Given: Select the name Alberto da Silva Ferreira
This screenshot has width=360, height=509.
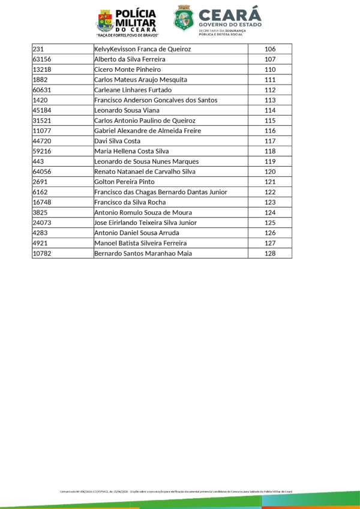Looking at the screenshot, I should (x=130, y=59).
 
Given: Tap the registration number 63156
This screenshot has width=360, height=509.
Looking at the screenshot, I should (x=41, y=59).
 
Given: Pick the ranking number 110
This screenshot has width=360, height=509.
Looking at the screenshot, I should (x=269, y=70).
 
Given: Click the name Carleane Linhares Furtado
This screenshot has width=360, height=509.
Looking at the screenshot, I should (x=133, y=90).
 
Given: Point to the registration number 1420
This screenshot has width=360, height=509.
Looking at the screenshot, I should (x=40, y=100).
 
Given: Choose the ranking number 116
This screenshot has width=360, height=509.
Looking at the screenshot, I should (x=269, y=131).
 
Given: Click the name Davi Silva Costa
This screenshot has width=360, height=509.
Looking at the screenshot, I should (x=117, y=141).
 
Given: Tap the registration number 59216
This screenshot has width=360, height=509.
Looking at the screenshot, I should (x=41, y=151).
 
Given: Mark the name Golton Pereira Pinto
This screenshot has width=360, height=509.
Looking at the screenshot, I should (x=124, y=182).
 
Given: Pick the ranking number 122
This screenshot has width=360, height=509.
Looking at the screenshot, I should (x=269, y=192).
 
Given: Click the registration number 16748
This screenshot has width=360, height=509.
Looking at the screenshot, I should (x=41, y=202).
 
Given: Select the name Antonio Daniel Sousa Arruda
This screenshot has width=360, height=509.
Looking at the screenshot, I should (x=136, y=233).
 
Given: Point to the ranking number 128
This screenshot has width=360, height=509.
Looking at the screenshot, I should (x=269, y=254).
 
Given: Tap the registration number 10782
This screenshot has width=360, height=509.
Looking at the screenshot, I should (x=41, y=254).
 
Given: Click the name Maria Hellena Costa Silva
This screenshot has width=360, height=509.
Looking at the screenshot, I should (x=131, y=151).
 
